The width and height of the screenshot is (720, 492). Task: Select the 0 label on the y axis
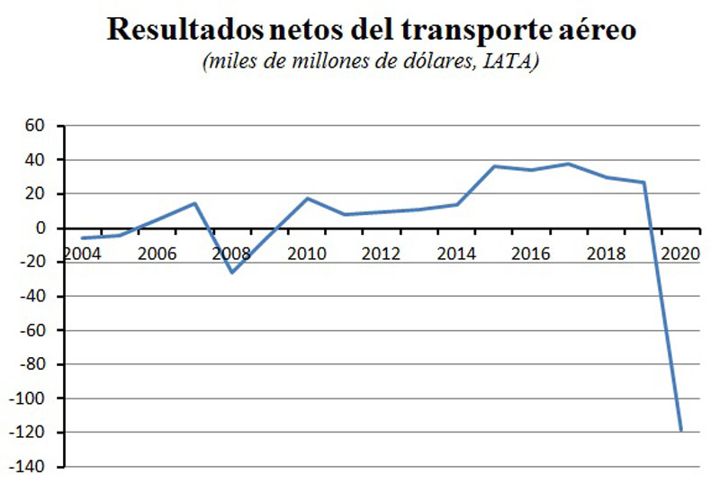pyautogui.click(x=40, y=228)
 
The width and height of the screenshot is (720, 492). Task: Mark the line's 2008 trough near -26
pyautogui.click(x=232, y=273)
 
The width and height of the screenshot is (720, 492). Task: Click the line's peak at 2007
pyautogui.click(x=195, y=203)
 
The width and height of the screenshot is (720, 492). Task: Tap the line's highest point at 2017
pyautogui.click(x=569, y=164)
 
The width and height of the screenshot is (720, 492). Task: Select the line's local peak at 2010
pyautogui.click(x=307, y=198)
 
